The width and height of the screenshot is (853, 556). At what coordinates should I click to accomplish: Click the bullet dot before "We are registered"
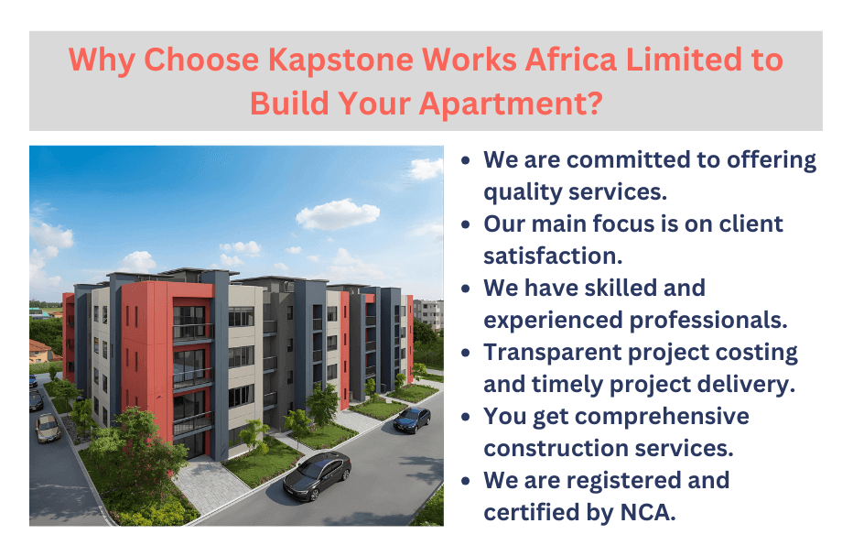467,481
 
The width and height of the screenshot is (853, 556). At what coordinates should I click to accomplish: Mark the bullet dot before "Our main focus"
467,224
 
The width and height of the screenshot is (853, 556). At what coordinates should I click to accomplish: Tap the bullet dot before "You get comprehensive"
467,417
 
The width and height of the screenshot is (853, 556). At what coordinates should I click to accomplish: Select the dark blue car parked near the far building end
412,420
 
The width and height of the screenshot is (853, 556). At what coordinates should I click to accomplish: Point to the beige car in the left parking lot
48,427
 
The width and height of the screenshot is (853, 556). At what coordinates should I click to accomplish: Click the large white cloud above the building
337,214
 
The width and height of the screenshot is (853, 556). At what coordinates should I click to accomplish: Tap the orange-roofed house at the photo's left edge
39,351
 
